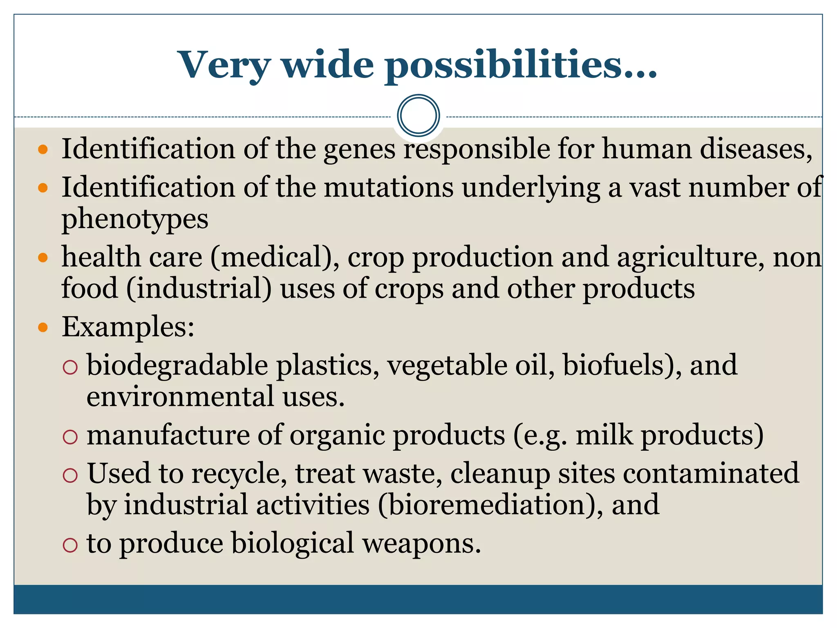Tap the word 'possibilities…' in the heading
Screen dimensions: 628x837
tap(521, 65)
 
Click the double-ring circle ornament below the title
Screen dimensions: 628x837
tap(418, 115)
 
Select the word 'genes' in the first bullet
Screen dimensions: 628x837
tap(360, 149)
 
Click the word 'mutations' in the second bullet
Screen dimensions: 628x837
tap(389, 188)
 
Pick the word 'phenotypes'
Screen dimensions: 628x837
tap(135, 220)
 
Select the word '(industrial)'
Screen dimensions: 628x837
tap(199, 289)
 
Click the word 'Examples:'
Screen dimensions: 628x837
tap(128, 327)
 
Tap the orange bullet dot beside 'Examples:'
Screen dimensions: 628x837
tap(43, 327)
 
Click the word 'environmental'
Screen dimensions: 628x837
tap(180, 397)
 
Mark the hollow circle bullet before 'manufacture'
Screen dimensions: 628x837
tap(70, 437)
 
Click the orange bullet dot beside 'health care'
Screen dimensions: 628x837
tap(43, 258)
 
